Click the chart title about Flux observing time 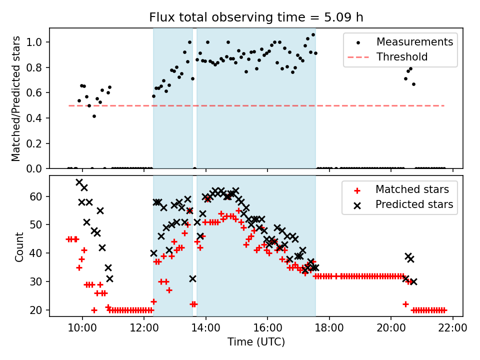tap(256, 17)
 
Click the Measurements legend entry tap(414, 41)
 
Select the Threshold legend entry tap(402, 57)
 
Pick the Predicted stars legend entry tap(414, 204)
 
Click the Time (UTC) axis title tap(256, 342)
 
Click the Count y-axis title tap(19, 246)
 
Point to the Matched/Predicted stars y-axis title tap(16, 98)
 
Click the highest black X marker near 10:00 tap(79, 182)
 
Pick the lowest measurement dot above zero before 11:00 tap(94, 116)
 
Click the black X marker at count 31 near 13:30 tap(192, 278)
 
